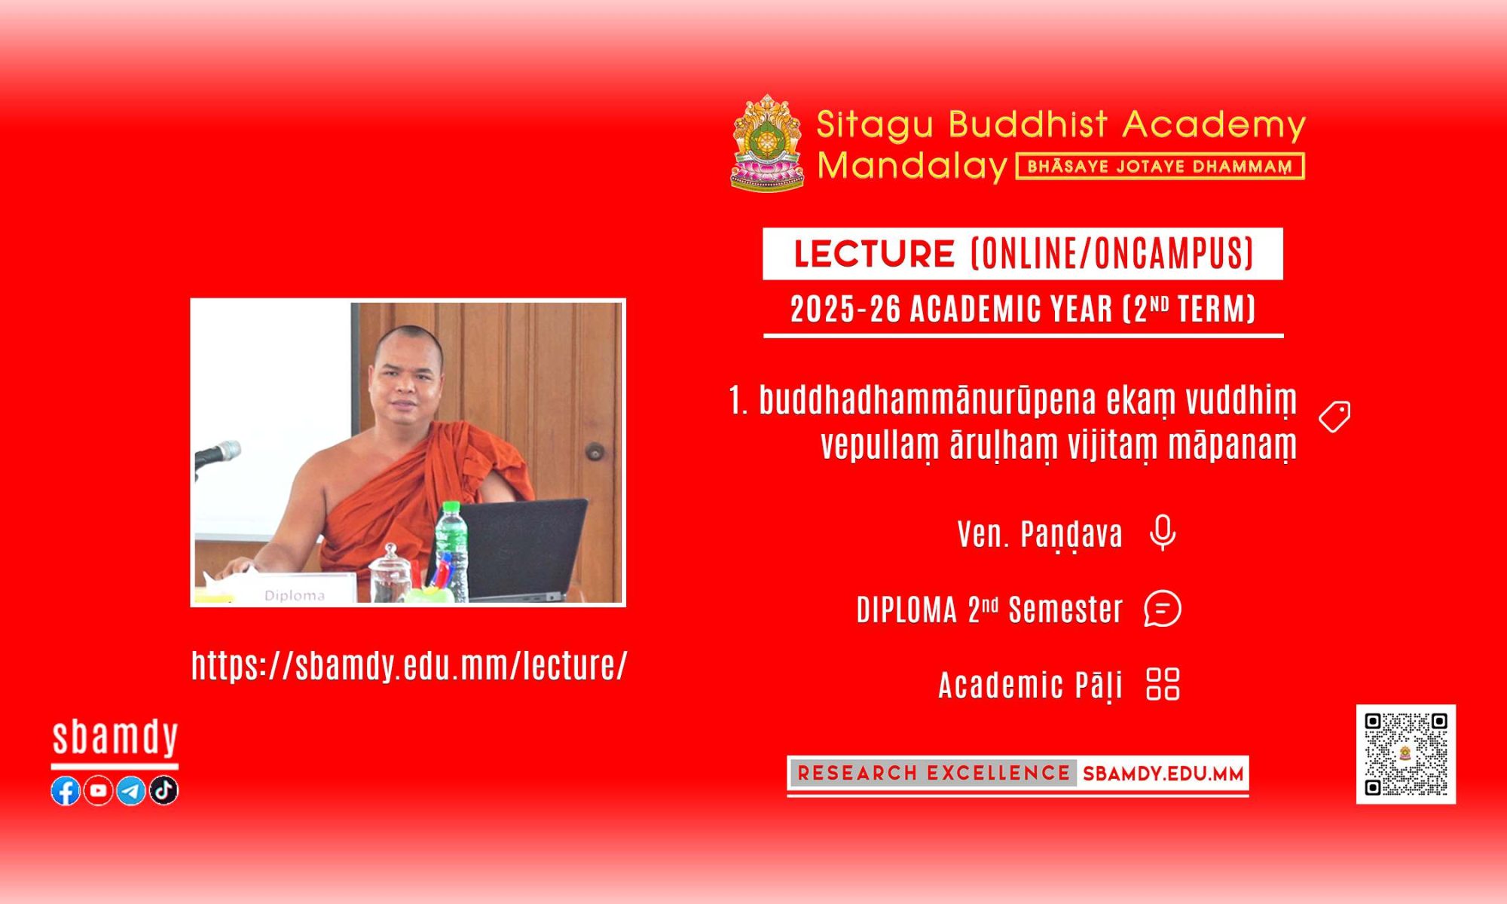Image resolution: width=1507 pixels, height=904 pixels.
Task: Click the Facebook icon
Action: (x=66, y=790)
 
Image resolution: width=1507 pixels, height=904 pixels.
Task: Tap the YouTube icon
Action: (x=98, y=790)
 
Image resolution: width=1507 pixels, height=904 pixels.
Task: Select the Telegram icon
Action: (x=131, y=790)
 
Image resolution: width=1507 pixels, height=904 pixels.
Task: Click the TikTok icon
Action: (x=164, y=790)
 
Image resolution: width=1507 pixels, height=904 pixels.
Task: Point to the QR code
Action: (x=1406, y=754)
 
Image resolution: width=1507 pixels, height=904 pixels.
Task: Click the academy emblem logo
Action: (x=767, y=142)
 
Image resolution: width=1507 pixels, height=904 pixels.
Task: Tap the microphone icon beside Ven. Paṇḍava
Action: (x=1163, y=533)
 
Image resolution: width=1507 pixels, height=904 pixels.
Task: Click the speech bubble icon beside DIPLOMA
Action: (x=1163, y=609)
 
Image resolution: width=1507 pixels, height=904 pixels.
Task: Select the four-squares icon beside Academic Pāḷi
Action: (x=1163, y=684)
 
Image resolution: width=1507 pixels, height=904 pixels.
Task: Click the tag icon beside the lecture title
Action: (x=1334, y=417)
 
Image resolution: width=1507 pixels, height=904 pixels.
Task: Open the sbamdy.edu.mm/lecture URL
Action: (x=409, y=666)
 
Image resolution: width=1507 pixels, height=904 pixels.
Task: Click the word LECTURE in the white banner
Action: (x=874, y=254)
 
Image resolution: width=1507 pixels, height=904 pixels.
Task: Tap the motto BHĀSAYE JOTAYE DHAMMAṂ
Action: (x=1160, y=166)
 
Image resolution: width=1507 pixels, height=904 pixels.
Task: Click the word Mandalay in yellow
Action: (x=912, y=166)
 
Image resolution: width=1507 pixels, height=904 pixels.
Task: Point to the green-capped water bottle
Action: (x=451, y=551)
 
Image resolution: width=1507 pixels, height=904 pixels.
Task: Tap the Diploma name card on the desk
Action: (x=295, y=588)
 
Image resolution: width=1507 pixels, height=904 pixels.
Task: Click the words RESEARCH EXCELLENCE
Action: (x=934, y=773)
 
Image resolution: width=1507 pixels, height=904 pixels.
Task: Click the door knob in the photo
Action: (x=595, y=452)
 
